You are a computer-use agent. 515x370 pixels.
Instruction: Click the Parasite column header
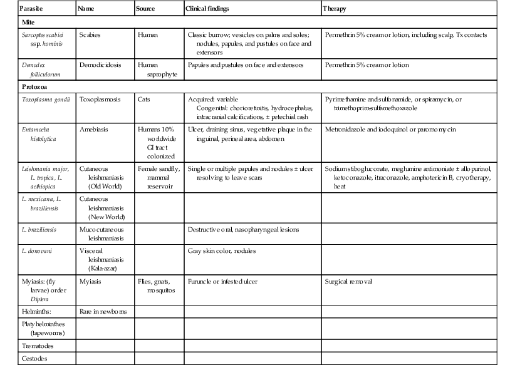pos(31,9)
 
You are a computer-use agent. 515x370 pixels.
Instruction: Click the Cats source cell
pos(144,100)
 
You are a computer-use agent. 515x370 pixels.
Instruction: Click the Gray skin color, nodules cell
pos(222,251)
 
